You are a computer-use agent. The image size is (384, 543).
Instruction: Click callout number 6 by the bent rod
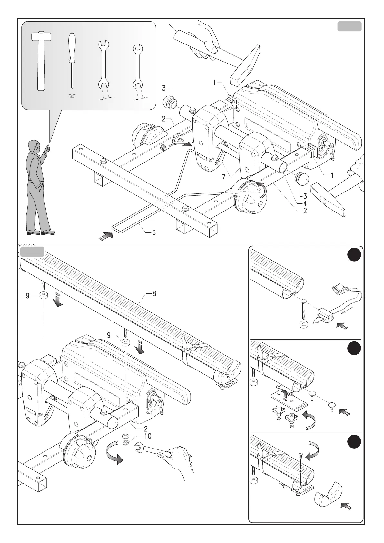(x=154, y=232)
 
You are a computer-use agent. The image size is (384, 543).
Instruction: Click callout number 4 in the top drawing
(x=305, y=203)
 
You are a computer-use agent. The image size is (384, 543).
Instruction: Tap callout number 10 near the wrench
(x=148, y=436)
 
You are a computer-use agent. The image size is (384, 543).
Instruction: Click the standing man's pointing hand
(x=47, y=148)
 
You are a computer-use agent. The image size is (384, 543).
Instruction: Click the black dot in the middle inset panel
(x=354, y=350)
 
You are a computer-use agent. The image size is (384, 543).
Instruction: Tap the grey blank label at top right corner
(x=349, y=26)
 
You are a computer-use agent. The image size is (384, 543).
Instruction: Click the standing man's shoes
(x=41, y=232)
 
